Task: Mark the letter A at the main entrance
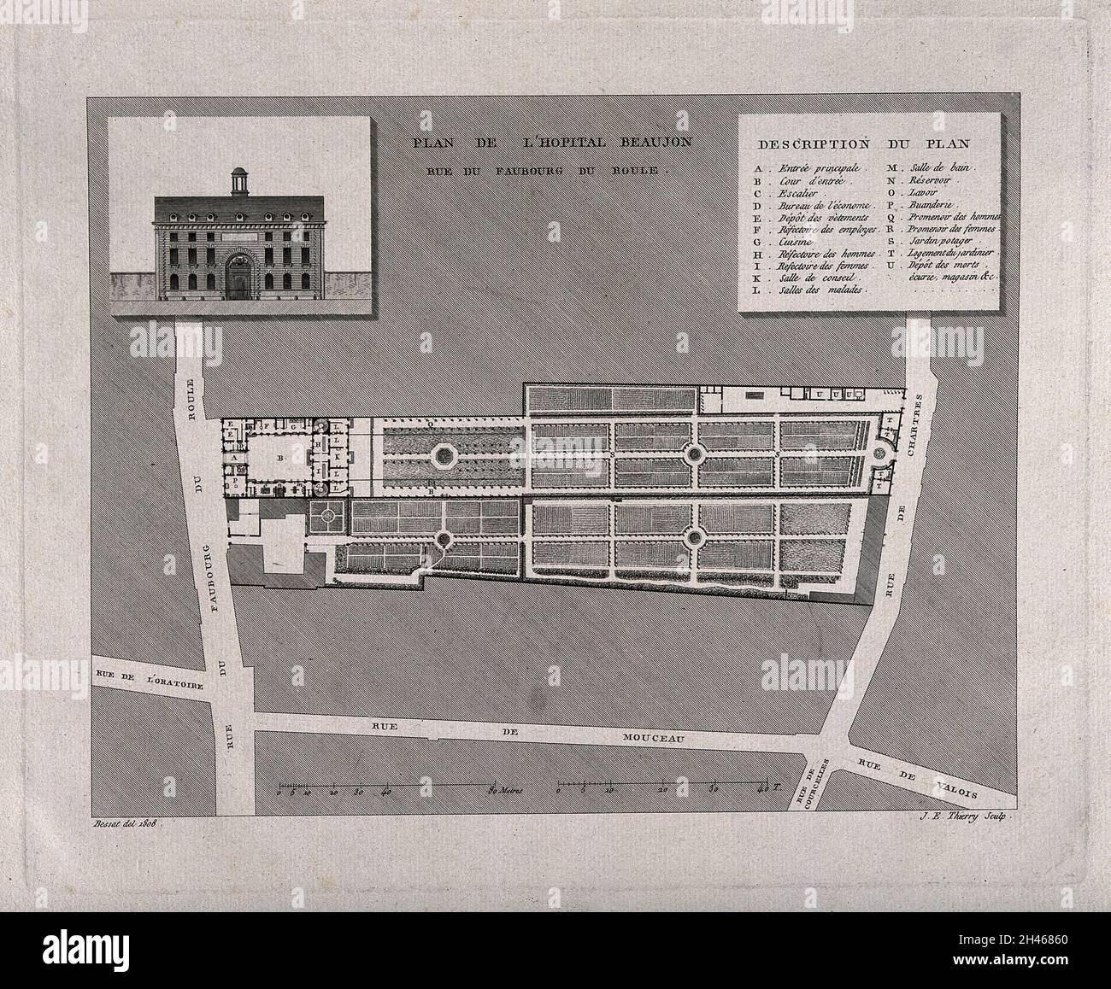pyautogui.click(x=231, y=458)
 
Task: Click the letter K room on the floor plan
pyautogui.click(x=339, y=456)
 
